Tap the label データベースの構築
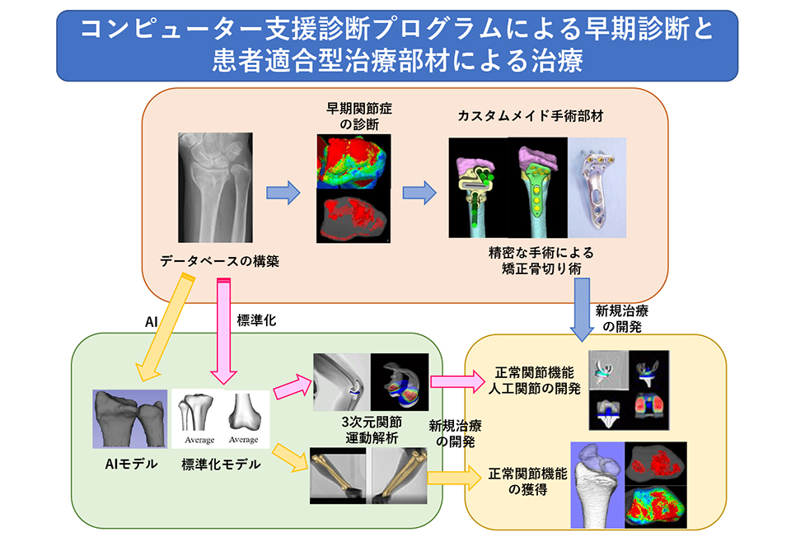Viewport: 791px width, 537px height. pos(219,262)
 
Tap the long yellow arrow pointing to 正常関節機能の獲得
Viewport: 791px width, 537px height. pos(452,475)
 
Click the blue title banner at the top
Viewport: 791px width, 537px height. pos(397,45)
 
